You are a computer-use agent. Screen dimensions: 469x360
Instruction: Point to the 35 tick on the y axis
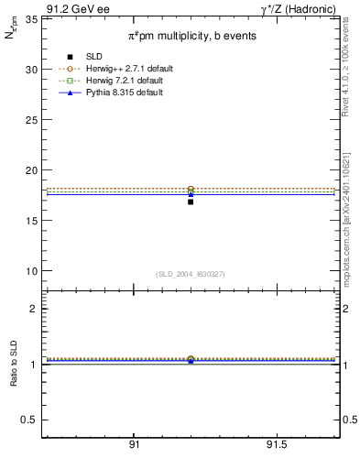[x=29, y=19]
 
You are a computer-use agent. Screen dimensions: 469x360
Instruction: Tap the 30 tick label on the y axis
[x=29, y=70]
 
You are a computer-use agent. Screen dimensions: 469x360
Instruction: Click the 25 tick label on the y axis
[x=29, y=120]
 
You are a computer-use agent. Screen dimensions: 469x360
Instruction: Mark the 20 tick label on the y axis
[x=29, y=170]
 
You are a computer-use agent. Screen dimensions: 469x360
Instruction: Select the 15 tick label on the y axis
[x=29, y=221]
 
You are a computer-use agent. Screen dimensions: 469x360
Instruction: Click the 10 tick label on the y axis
[x=29, y=271]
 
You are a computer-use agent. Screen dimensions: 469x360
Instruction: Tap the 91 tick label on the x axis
[x=134, y=445]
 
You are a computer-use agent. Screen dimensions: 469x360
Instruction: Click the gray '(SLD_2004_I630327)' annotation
[x=190, y=274]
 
